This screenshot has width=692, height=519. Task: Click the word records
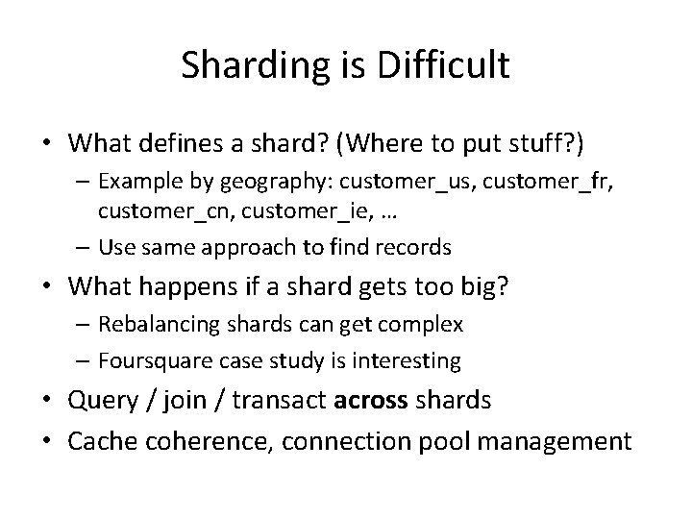pos(412,247)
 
